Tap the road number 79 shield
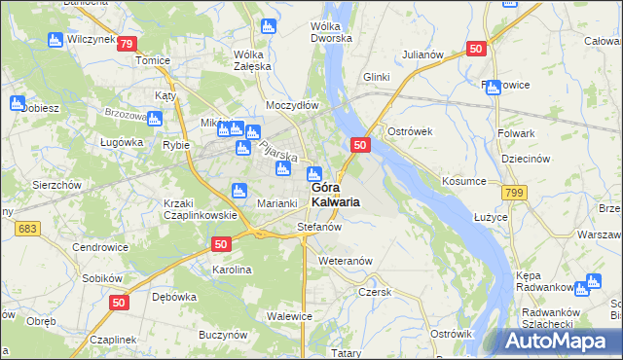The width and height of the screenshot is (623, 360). click(126, 43)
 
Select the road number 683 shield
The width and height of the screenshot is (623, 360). click(26, 227)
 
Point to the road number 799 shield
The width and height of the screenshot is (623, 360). click(514, 194)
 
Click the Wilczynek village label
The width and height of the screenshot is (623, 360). click(89, 41)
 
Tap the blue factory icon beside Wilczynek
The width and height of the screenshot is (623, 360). click(55, 40)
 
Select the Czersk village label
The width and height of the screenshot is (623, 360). click(374, 291)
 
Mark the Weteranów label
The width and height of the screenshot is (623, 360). click(346, 261)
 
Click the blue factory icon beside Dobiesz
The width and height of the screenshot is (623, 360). click(16, 102)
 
